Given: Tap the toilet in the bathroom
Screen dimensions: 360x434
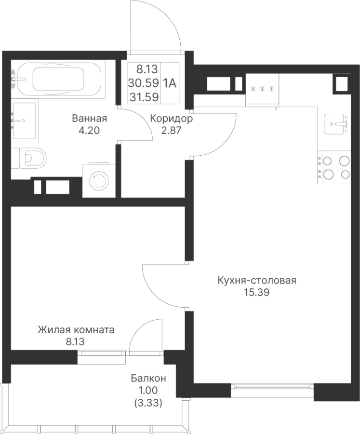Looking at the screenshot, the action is pos(29,158).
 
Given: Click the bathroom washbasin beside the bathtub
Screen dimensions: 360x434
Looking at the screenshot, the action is pos(24,121).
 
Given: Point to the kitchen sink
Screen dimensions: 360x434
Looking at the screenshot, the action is pos(335,124).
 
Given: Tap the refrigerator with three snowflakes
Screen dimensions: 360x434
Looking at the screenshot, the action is pos(262,90).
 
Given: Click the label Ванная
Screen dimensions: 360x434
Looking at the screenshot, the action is pos(89,119).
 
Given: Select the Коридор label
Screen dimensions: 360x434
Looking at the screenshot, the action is pos(171,119).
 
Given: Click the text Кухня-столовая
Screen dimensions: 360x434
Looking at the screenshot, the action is pos(257,280).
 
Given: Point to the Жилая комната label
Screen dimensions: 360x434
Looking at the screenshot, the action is pos(76,330).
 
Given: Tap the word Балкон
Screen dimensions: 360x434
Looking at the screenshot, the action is pos(148,378).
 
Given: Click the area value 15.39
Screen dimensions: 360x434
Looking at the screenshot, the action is pos(256,292).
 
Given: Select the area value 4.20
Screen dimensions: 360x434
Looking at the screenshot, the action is pos(89,130).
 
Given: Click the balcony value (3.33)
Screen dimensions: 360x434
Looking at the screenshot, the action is pos(148,403).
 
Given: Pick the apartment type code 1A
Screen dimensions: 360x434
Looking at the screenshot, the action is pos(170,83).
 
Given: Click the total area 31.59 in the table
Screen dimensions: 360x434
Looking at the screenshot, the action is pos(144,97).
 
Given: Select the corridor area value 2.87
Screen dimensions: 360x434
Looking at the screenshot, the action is pos(171,130).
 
